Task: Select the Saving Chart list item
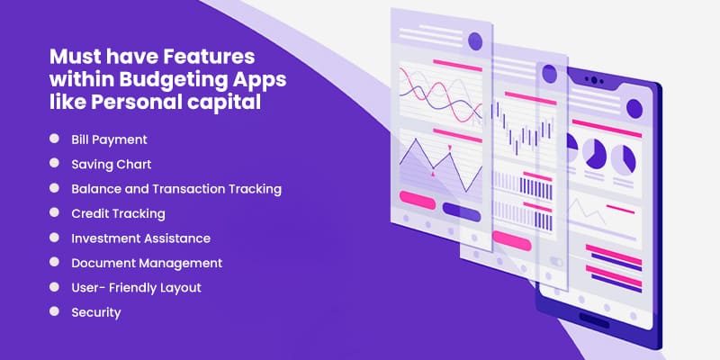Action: [111, 165]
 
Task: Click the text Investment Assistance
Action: [141, 238]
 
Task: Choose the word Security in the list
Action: [96, 312]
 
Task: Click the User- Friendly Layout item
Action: [137, 288]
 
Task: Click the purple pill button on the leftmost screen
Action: [462, 210]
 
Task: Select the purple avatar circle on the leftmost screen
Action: [475, 41]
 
